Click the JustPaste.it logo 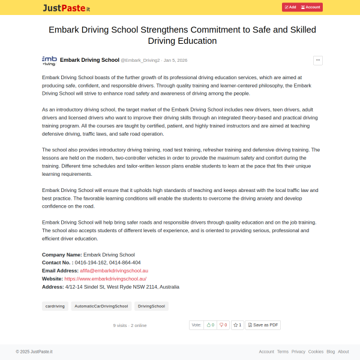pos(66,8)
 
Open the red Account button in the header pos(311,7)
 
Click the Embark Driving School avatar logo pos(49,60)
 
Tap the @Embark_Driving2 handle pos(140,61)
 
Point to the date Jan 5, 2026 pos(175,61)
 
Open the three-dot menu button pos(318,60)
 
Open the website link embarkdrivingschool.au pos(105,279)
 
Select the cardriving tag pos(55,306)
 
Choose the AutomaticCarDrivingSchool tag pos(101,306)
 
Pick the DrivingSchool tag pos(151,306)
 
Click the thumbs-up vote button pos(210,325)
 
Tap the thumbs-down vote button pos(223,325)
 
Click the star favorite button pos(238,325)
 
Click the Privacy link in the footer pos(298,352)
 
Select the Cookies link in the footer pos(316,352)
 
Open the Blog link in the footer pos(331,352)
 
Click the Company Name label pos(62,254)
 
